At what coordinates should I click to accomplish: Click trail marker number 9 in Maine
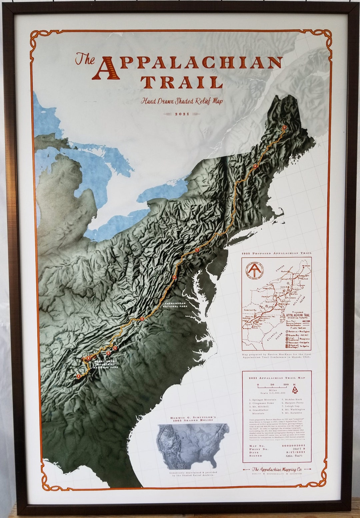[284, 127]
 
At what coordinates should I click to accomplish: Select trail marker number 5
[142, 319]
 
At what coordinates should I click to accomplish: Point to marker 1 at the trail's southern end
[78, 376]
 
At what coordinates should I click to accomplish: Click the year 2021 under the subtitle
[182, 114]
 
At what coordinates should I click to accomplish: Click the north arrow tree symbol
[294, 389]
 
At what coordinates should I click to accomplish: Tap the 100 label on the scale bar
[286, 385]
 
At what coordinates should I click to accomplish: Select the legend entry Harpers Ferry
[294, 403]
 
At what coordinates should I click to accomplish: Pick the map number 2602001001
[293, 445]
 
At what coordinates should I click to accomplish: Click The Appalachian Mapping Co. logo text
[277, 469]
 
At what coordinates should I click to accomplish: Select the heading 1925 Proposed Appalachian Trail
[277, 253]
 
